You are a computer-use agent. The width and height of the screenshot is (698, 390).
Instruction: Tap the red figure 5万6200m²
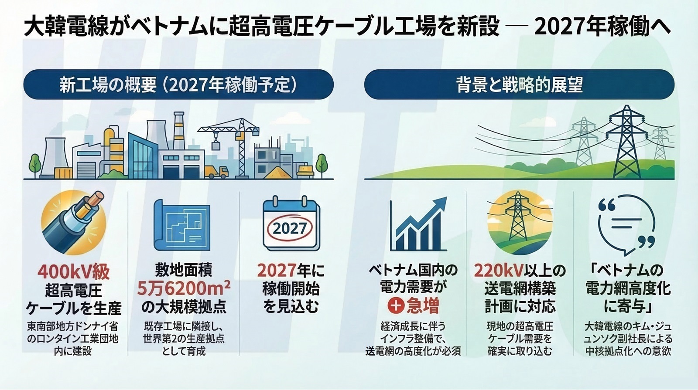[x=184, y=289]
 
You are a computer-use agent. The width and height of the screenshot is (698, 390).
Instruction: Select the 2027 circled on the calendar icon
[x=290, y=229]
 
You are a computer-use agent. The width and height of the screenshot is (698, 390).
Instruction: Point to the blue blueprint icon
[x=182, y=225]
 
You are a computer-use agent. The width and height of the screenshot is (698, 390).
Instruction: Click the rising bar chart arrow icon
[x=418, y=224]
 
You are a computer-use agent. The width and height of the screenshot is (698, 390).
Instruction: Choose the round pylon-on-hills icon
[x=520, y=223]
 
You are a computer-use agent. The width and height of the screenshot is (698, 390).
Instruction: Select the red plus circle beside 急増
[x=396, y=306]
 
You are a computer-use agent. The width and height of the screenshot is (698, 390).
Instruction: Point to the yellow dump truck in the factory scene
[x=216, y=172]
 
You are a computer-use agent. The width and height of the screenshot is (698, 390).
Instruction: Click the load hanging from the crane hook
[x=216, y=146]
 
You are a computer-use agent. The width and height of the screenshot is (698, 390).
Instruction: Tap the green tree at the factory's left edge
[x=35, y=166]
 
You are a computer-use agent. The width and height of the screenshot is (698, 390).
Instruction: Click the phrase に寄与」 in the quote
[x=628, y=305]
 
